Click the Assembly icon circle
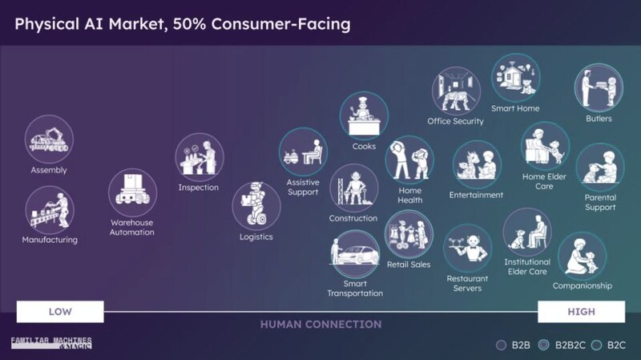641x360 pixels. click(x=49, y=140)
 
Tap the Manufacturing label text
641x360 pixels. click(x=50, y=240)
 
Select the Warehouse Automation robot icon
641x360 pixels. click(x=132, y=192)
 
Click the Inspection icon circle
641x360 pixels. click(x=200, y=157)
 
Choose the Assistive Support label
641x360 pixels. click(x=303, y=188)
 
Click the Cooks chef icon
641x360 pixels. click(x=364, y=115)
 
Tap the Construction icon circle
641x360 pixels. click(x=354, y=188)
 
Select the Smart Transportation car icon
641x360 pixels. click(x=355, y=253)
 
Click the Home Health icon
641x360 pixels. click(x=409, y=160)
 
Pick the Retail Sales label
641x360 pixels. click(x=409, y=265)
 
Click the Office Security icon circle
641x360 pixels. click(x=456, y=91)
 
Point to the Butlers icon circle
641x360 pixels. click(x=599, y=88)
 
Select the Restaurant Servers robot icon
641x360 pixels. click(x=468, y=249)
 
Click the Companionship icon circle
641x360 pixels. click(x=583, y=257)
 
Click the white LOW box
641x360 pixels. click(x=60, y=312)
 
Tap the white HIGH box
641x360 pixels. click(x=582, y=312)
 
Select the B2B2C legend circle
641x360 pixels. click(x=543, y=346)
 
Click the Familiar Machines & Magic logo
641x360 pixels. click(x=51, y=343)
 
